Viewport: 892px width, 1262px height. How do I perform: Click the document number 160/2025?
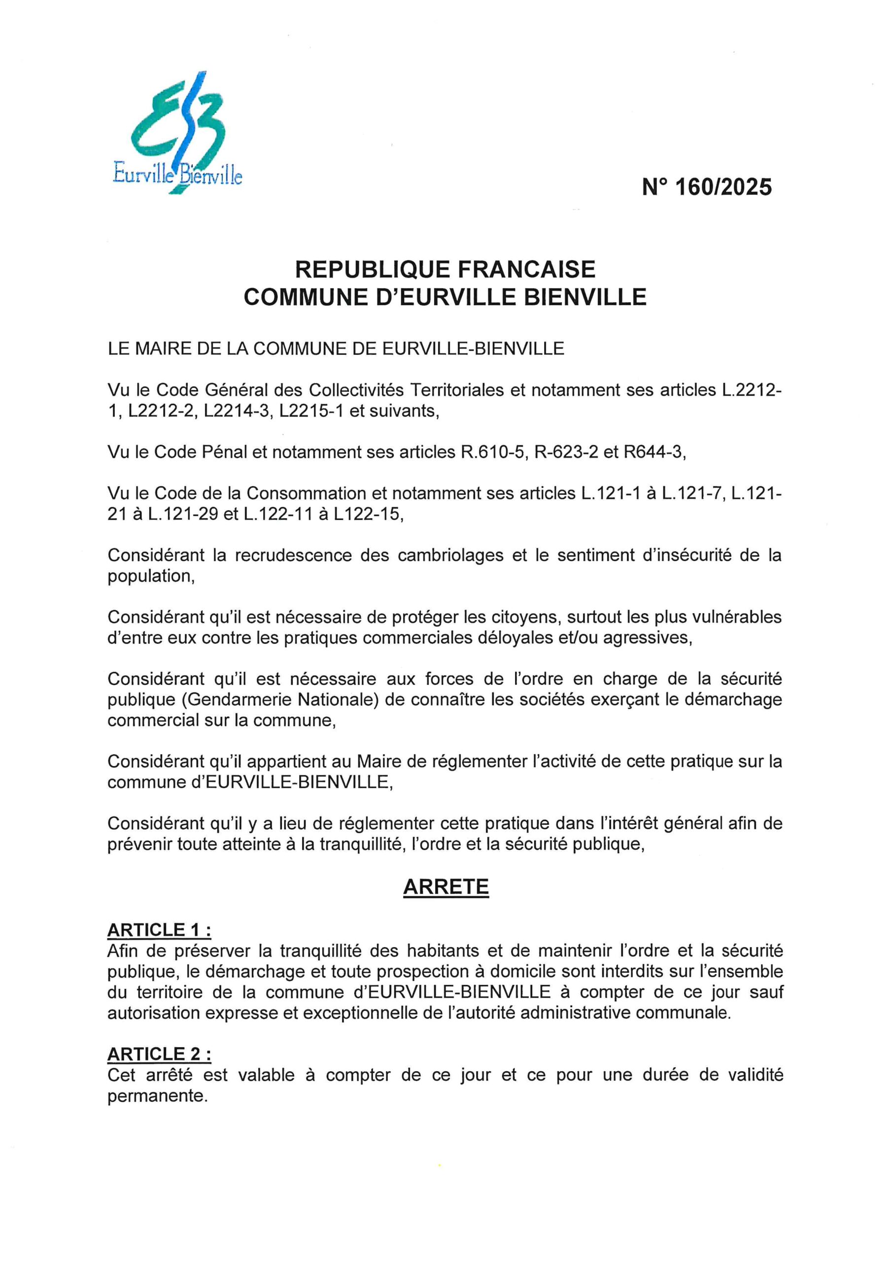pyautogui.click(x=707, y=188)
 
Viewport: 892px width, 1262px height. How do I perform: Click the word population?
pyautogui.click(x=151, y=577)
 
